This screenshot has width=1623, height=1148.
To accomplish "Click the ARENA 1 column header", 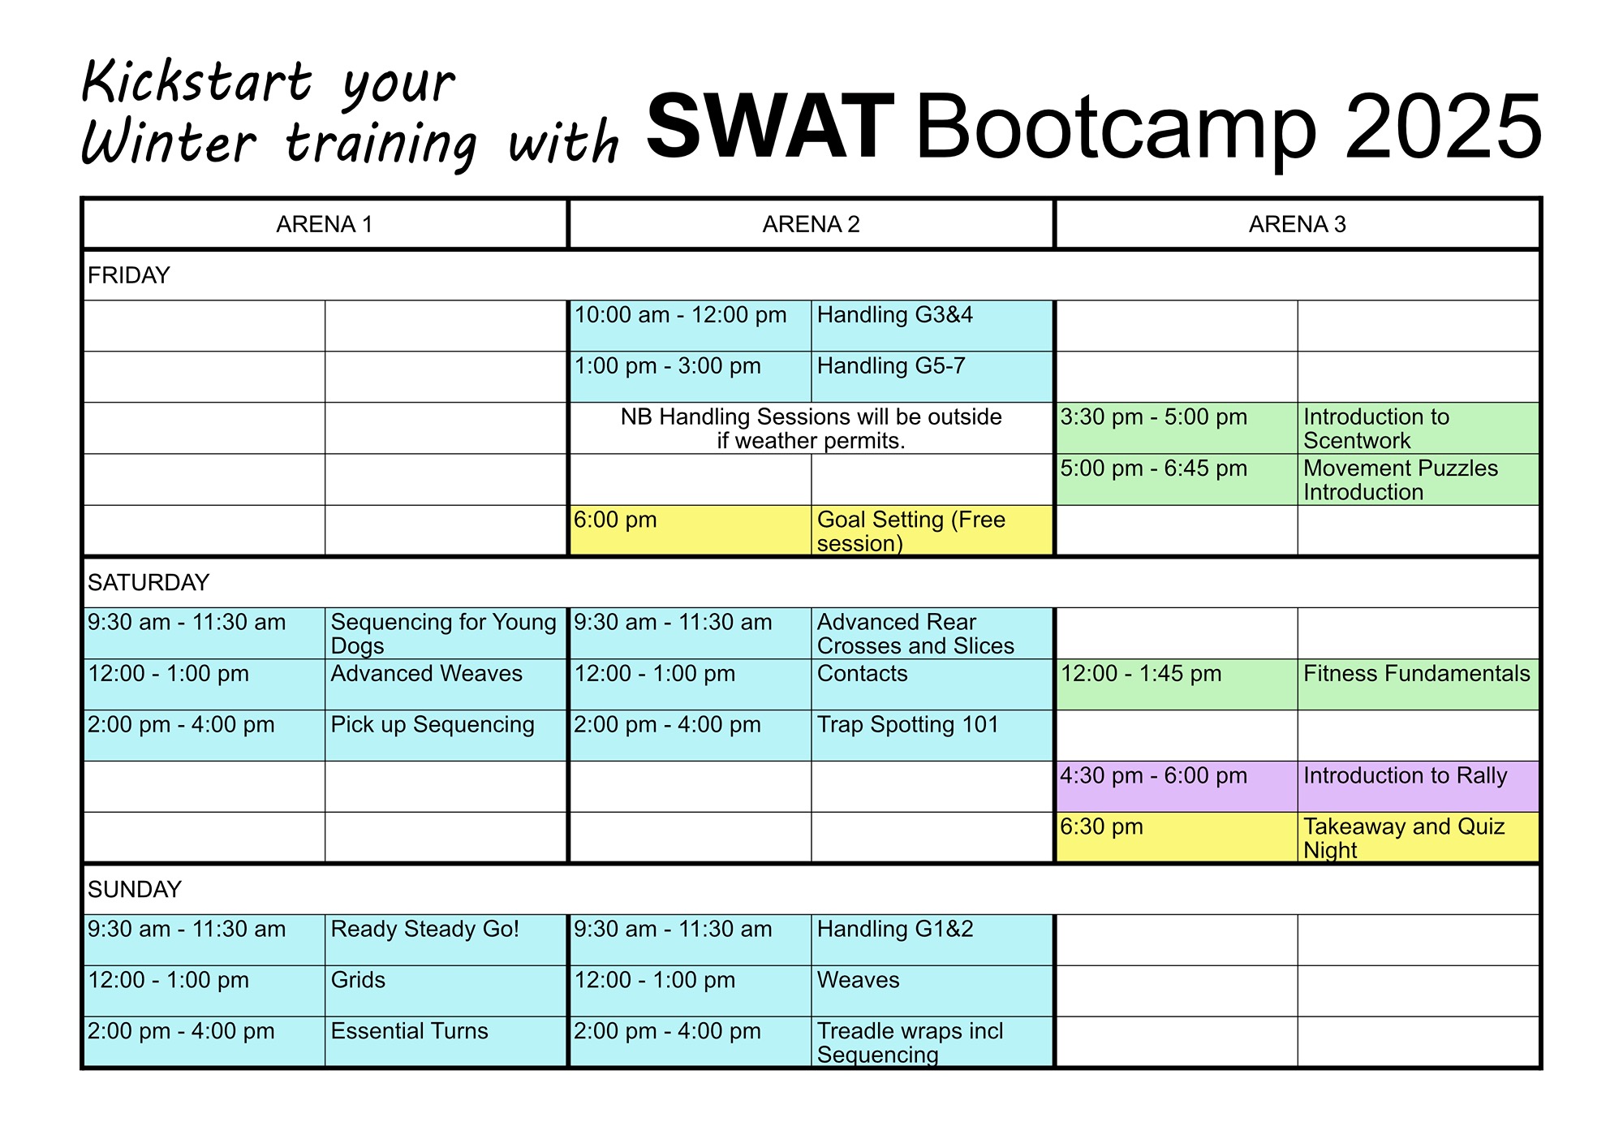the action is click(325, 224).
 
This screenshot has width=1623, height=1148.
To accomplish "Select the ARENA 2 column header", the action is click(811, 224).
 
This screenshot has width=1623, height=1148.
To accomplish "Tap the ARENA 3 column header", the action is click(1297, 224).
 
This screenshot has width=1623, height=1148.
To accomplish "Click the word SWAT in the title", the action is click(770, 127).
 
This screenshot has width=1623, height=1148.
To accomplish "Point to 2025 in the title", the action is click(1443, 127).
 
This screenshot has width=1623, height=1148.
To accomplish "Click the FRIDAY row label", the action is click(128, 275).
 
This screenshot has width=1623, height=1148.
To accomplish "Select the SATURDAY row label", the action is click(149, 582).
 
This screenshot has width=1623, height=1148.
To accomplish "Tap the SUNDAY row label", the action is click(134, 889).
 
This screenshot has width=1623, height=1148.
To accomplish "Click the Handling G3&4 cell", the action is click(932, 326).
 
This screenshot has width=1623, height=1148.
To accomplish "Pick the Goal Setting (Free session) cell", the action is click(932, 531).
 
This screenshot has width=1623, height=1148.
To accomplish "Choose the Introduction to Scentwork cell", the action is click(1418, 428).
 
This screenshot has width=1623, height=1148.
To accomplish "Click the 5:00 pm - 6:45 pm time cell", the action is click(1177, 479).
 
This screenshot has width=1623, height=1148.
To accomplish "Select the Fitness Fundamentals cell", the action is click(1418, 684).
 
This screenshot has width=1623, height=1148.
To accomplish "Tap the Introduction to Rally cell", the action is click(1418, 787).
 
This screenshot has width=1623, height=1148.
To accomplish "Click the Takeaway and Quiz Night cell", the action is click(1418, 838).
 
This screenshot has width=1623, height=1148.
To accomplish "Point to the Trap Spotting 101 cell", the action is click(932, 736).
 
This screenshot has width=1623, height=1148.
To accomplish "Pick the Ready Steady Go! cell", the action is click(446, 940).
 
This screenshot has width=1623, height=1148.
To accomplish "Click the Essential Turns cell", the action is click(446, 1042).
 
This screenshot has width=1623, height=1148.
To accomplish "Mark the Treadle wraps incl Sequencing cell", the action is click(932, 1042).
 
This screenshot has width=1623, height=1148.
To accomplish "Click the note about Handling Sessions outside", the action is click(811, 429).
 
